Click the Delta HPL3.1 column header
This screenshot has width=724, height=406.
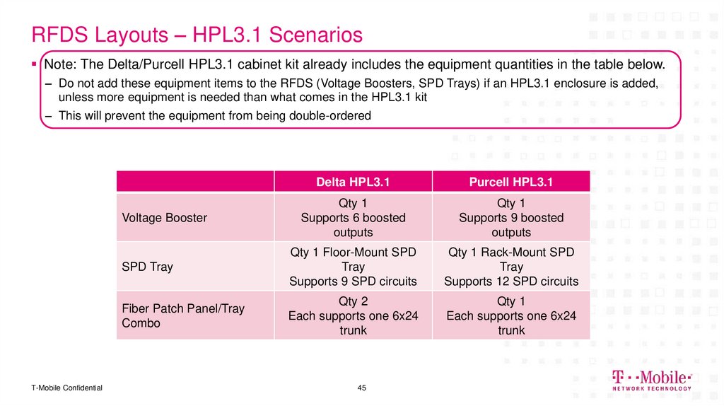353,182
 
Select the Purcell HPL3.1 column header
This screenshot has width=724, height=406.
510,182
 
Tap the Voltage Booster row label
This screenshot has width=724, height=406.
165,218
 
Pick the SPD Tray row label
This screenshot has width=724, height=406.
147,267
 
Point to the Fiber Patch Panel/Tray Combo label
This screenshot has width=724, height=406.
173,316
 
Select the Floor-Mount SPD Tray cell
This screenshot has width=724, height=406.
353,267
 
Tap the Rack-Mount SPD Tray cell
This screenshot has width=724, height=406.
510,267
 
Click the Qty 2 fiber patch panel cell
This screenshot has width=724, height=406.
353,316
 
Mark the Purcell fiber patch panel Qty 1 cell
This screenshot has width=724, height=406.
510,316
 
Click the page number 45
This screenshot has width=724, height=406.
362,388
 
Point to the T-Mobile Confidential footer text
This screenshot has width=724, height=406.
66,388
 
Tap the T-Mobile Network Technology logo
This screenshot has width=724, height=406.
651,381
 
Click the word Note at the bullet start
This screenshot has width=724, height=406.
59,64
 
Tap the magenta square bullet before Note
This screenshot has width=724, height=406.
33,64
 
